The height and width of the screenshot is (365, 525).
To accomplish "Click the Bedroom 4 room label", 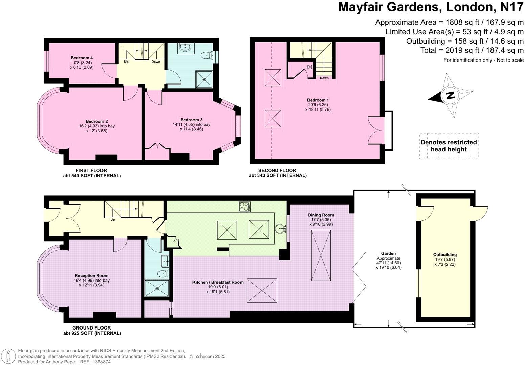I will click(82, 58).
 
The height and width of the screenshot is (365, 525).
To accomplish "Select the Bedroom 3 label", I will click(191, 120).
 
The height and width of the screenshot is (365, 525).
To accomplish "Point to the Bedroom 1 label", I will click(318, 100).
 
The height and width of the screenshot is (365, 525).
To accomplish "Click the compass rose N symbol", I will click(450, 96).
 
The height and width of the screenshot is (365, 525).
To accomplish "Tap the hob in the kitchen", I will click(244, 206).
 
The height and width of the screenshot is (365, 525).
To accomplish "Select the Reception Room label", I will click(91, 276).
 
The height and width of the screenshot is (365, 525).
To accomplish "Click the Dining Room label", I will click(321, 215).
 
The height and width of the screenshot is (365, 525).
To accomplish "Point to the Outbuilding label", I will click(445, 255).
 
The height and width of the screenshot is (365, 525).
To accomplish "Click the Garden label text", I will click(388, 253).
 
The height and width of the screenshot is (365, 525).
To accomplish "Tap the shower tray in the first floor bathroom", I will click(204, 79).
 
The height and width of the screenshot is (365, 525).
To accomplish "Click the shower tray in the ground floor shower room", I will click(157, 288).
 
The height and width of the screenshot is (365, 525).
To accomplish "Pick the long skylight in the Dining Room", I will click(321, 255).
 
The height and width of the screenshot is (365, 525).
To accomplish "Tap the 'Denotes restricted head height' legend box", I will click(449, 146).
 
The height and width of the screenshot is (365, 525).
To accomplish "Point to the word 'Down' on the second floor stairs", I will click(324, 78).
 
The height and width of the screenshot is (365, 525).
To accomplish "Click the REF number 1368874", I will click(101, 362).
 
